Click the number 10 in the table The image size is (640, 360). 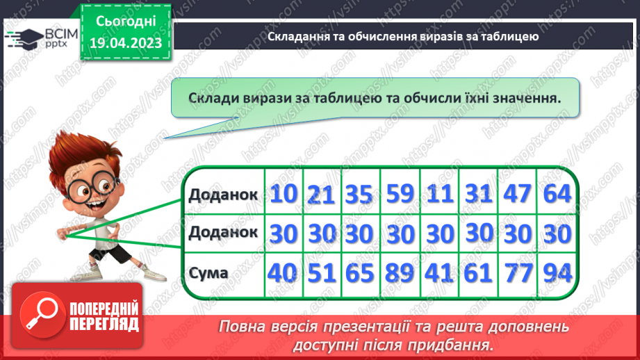click(x=283, y=194)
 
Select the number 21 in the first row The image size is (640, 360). click(x=322, y=195)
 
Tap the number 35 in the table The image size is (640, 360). click(x=361, y=195)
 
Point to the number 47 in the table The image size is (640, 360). click(x=516, y=195)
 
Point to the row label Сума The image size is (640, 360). click(x=208, y=272)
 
